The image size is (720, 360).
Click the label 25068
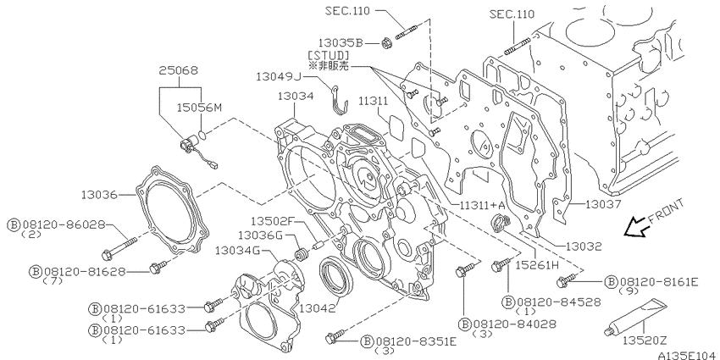coord(179,70)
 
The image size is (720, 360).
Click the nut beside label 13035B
coord(386,43)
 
